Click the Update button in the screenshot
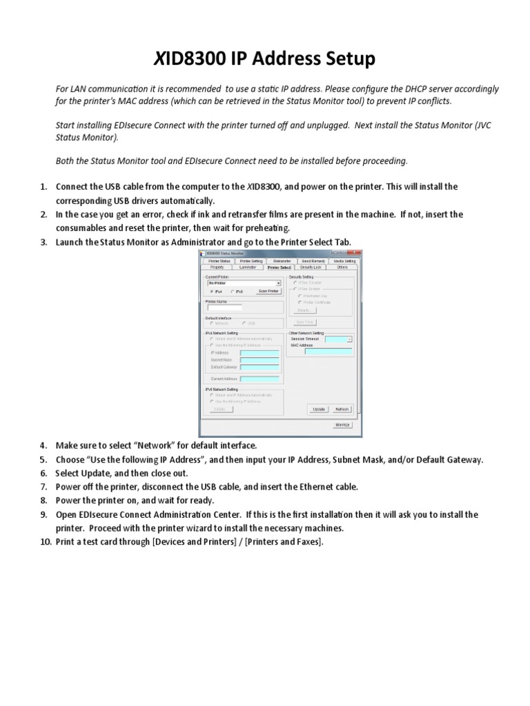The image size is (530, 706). (319, 409)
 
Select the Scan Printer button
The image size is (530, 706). (268, 292)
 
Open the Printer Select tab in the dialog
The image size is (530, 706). (279, 267)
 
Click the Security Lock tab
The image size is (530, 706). (311, 267)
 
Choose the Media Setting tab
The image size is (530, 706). (344, 261)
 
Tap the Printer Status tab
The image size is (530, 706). (219, 261)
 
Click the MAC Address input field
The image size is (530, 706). (328, 351)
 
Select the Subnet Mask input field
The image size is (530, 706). (259, 360)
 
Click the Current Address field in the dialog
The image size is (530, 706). (259, 379)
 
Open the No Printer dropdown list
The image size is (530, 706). (278, 283)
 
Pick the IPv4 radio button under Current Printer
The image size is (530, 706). (211, 292)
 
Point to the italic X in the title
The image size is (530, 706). (158, 59)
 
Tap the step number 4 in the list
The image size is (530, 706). (43, 445)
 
